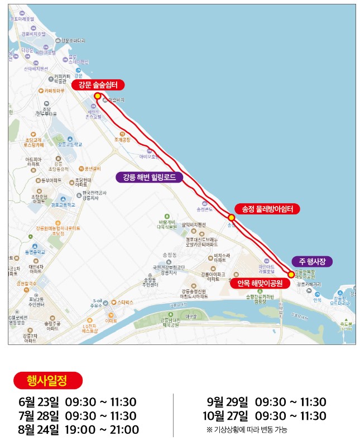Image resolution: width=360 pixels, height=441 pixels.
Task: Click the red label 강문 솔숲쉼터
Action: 98,85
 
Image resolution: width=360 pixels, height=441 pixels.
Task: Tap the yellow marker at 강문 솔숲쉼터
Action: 98,96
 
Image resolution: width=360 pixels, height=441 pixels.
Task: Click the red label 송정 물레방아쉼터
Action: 267,209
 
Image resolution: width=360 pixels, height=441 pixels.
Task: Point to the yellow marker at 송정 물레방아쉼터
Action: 231,217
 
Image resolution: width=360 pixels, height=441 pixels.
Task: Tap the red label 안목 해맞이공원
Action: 260,284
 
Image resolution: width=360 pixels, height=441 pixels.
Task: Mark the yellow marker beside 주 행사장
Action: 291,274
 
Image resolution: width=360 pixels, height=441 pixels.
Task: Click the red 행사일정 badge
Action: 47,381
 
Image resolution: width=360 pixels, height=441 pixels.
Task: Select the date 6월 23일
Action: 38,402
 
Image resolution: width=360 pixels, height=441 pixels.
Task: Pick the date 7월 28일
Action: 38,416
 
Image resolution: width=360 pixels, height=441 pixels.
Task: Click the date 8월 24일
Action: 38,430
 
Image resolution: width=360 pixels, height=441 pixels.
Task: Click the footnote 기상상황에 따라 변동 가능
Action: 250,430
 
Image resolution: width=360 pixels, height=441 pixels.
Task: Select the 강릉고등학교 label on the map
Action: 70,144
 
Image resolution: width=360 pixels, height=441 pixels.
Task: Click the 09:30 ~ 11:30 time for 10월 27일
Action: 290,416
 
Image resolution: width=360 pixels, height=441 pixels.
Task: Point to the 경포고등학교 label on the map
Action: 63,205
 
